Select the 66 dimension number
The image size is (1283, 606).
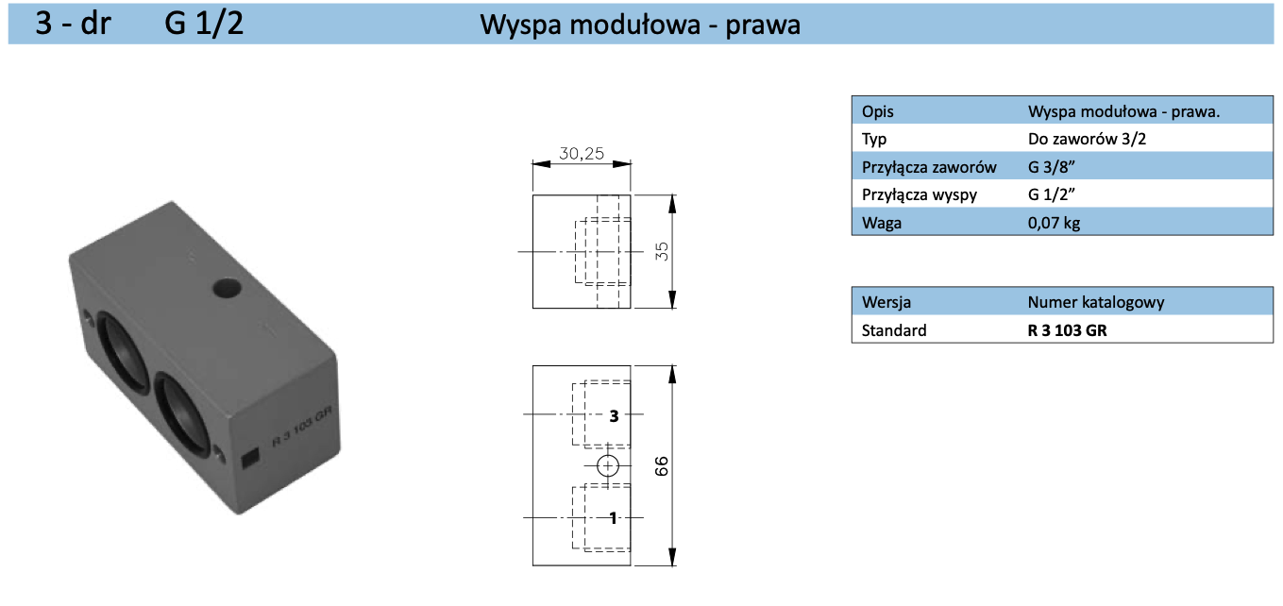[x=661, y=465]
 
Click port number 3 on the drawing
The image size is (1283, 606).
[x=614, y=415]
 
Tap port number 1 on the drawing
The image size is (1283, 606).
[x=614, y=517]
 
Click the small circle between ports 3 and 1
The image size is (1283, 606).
[x=608, y=465]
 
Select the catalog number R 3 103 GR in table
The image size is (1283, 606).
[x=1067, y=330]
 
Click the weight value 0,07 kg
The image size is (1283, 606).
[x=1054, y=224]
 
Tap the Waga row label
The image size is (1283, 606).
[x=879, y=224]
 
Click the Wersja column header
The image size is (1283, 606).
[x=886, y=302]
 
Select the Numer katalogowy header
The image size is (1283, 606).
[x=1095, y=302]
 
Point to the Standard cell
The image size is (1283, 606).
[x=894, y=330]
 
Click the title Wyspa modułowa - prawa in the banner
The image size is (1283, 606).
[x=640, y=24]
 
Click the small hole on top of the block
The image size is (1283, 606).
[x=227, y=287]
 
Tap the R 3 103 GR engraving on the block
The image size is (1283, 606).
[x=303, y=424]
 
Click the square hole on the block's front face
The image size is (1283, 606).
[x=251, y=460]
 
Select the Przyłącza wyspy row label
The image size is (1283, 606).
[x=920, y=195]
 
